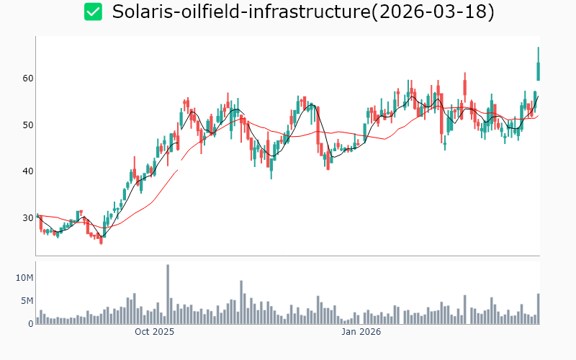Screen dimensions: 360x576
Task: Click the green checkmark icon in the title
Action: point(93,12)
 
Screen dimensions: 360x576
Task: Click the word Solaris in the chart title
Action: point(144,12)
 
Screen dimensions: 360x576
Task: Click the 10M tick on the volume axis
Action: point(24,278)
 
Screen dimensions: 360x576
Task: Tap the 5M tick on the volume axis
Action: point(27,301)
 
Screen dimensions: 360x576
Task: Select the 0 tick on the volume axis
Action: point(30,324)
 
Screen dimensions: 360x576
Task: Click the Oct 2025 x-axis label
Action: point(155,332)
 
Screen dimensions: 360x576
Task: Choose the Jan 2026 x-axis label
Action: point(361,332)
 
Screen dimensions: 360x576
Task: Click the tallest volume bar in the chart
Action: point(168,294)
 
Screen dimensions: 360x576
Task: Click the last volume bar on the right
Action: point(538,309)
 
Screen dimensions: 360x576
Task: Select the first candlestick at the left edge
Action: point(37,216)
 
